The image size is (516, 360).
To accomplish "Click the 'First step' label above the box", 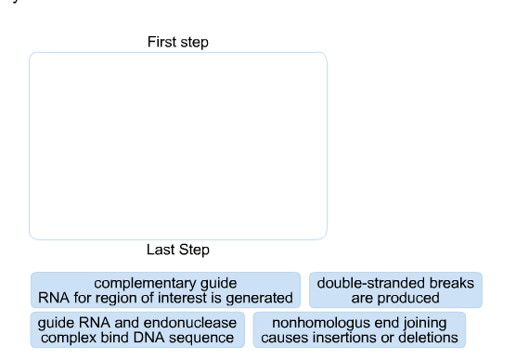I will point(177,42).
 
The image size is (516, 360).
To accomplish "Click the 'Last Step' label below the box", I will point(177,250).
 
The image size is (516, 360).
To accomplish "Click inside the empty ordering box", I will point(177,146).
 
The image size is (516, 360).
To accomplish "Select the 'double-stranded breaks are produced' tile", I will point(395,290).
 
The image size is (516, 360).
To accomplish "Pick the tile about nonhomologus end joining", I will point(359,330).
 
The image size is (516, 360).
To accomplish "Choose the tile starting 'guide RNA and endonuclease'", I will point(137,330).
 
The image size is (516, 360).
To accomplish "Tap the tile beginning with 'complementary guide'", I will point(165,290).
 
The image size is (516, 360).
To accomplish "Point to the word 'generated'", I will point(260,299).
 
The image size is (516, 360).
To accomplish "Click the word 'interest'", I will point(184,299).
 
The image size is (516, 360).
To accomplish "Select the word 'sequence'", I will point(202,339).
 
